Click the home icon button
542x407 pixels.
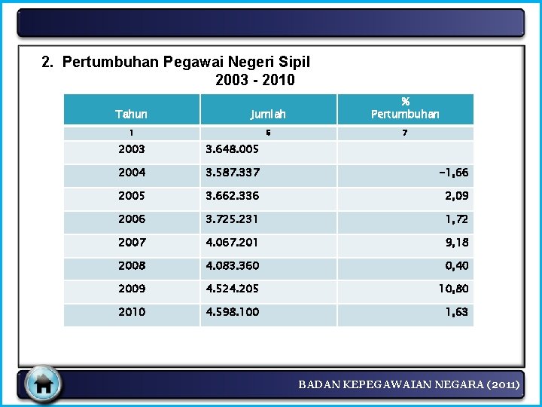(43, 384)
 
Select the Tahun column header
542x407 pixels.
(131, 115)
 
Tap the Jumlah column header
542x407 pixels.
(268, 115)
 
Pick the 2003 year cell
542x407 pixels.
(131, 149)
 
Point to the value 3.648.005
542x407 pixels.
(233, 149)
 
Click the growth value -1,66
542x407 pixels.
(453, 173)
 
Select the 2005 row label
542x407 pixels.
(131, 196)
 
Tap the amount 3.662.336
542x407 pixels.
(233, 196)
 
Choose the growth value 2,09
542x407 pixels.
(456, 196)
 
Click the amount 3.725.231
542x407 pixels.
(233, 219)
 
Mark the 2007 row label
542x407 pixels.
(131, 243)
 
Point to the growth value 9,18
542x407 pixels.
(456, 243)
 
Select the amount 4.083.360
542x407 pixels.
(233, 266)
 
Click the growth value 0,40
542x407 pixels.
(456, 266)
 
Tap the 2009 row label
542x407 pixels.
(131, 289)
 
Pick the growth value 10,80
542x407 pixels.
(453, 289)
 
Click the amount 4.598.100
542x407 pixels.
(233, 312)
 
